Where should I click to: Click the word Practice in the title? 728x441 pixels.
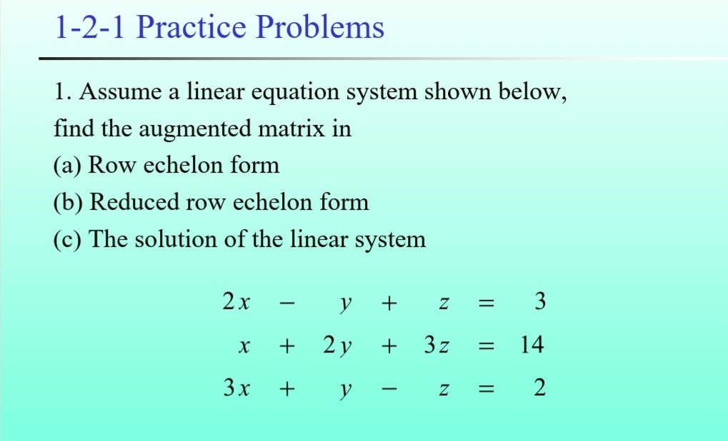[191, 27]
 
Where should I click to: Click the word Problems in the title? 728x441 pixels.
[320, 27]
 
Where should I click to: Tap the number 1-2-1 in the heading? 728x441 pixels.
[89, 27]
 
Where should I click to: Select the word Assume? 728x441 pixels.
[120, 91]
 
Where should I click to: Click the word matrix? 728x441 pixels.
[291, 128]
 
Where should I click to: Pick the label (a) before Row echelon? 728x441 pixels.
[67, 166]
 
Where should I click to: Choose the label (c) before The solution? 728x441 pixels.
[67, 240]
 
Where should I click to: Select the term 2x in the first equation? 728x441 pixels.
[236, 301]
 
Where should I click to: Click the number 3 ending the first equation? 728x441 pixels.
[540, 301]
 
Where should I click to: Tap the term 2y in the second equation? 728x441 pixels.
[337, 346]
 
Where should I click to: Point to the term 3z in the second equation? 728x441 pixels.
[437, 345]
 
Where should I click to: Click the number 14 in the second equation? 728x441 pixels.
[532, 345]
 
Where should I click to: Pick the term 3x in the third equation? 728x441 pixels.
[236, 387]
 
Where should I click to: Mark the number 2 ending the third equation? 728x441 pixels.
[540, 387]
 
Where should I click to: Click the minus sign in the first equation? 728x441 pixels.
[287, 304]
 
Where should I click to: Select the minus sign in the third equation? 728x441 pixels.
[389, 390]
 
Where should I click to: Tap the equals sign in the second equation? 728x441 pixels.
[486, 346]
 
